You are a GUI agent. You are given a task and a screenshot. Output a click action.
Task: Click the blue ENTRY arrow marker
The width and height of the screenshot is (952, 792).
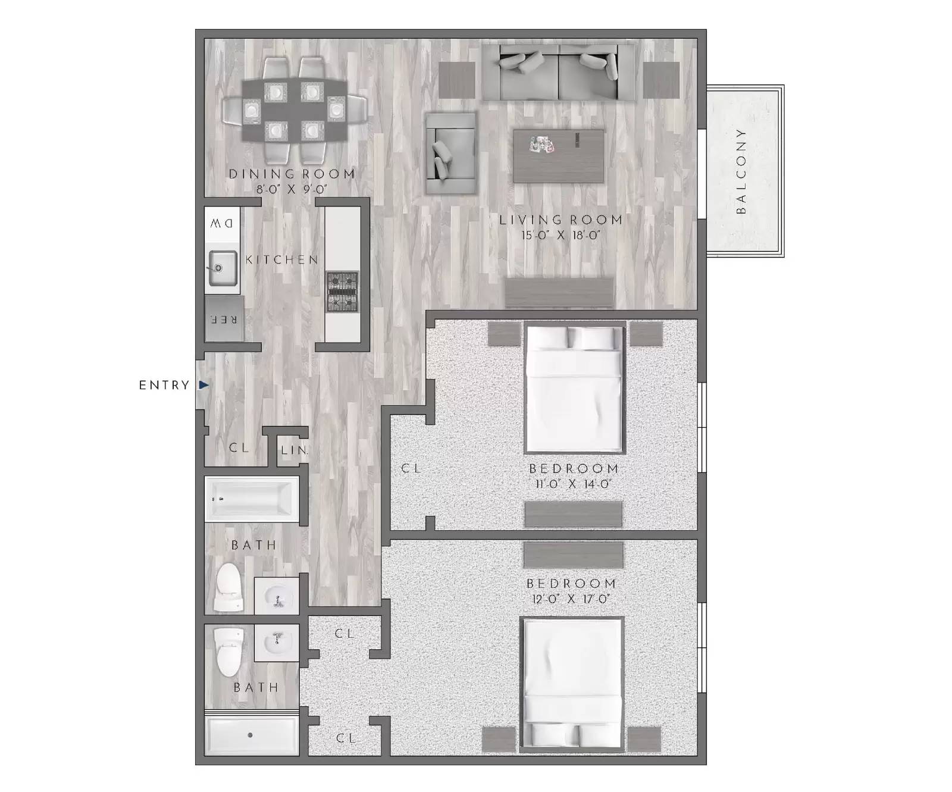(204, 385)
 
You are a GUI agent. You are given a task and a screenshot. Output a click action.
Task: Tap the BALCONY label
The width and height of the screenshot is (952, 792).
(741, 171)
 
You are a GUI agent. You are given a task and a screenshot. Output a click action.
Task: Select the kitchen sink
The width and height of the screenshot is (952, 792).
(223, 268)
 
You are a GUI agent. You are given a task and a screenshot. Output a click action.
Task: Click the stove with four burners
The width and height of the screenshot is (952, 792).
(343, 292)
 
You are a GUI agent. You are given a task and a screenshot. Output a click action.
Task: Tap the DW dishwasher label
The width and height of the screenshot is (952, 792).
(222, 224)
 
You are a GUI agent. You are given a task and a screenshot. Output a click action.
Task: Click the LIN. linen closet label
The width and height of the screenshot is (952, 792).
(295, 450)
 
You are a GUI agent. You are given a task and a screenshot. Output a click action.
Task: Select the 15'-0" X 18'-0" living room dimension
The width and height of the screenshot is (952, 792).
(560, 236)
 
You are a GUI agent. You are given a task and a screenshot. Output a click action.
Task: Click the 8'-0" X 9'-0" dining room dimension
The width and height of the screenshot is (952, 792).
(292, 190)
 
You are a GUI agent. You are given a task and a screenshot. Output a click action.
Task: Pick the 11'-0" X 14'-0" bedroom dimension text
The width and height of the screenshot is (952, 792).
(573, 484)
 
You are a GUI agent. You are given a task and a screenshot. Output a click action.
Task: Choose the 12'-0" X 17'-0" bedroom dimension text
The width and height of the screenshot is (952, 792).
(571, 599)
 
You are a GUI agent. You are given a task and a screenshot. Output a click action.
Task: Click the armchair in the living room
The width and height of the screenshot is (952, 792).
(451, 153)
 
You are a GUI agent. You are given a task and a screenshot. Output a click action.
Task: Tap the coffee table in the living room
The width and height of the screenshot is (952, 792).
(559, 156)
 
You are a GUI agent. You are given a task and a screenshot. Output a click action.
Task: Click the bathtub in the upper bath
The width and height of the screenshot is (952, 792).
(252, 499)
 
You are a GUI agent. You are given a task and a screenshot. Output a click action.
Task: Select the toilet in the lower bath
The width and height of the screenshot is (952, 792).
(229, 652)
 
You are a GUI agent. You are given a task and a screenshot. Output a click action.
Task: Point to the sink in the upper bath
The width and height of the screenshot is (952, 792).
(277, 596)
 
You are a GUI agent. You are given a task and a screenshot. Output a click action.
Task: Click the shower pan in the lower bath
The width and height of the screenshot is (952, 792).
(251, 735)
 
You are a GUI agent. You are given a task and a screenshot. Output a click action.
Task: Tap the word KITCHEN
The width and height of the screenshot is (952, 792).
(282, 259)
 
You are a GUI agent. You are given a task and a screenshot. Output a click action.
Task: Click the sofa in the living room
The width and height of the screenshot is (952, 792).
(558, 73)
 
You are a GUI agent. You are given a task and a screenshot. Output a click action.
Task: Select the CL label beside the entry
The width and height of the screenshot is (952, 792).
(239, 447)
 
